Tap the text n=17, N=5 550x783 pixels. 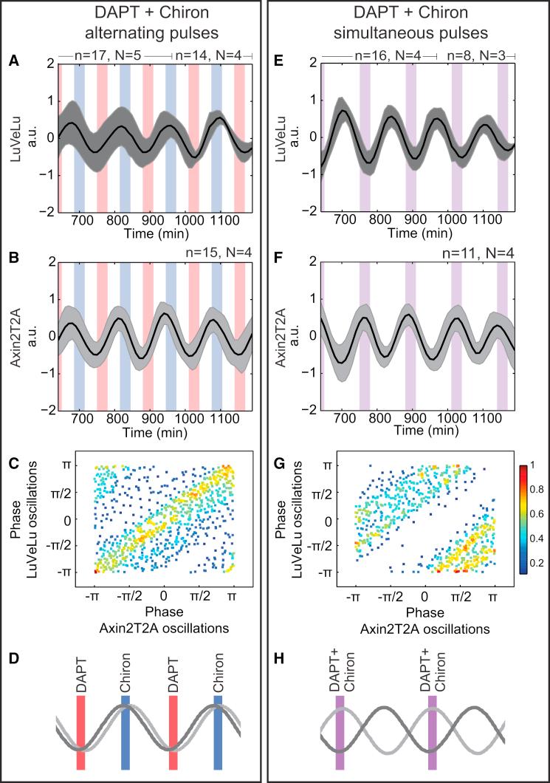(111, 54)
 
